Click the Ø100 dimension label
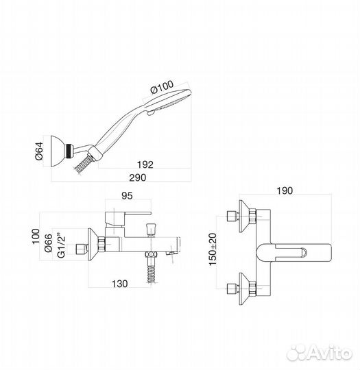coord(162,87)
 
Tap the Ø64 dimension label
coord(39,151)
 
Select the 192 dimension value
coord(145,164)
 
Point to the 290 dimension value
coord(137,177)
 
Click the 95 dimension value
coord(127,195)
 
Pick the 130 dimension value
coord(119,284)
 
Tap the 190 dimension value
coord(285,190)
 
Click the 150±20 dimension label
coord(213,249)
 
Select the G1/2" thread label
coord(61,246)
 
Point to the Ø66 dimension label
coord(49,243)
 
